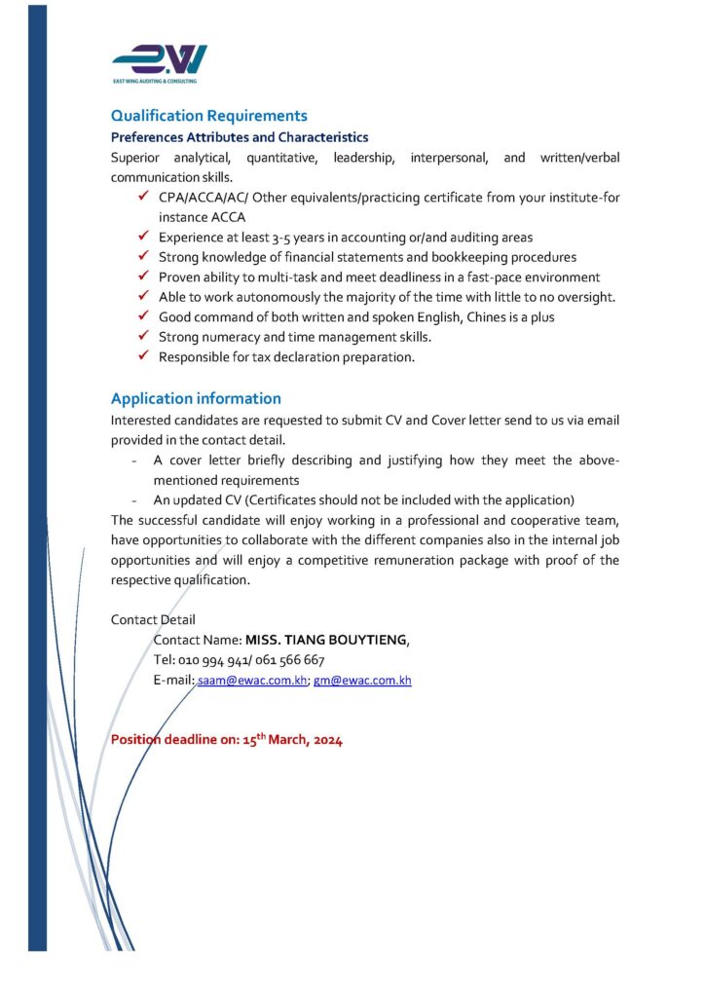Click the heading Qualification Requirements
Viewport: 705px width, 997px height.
(208, 116)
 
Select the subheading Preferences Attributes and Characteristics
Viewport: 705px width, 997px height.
(239, 137)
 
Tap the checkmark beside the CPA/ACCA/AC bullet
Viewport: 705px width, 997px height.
(142, 198)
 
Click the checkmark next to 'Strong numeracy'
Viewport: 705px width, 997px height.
(142, 337)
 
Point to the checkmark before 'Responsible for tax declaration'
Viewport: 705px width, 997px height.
(142, 357)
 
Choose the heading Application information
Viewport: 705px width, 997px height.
(196, 398)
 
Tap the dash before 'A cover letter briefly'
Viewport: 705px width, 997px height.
(132, 461)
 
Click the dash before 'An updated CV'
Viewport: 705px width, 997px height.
(132, 500)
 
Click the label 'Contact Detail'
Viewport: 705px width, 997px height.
(153, 619)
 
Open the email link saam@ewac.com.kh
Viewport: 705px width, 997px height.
(252, 681)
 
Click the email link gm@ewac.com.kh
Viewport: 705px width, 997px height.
(362, 681)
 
